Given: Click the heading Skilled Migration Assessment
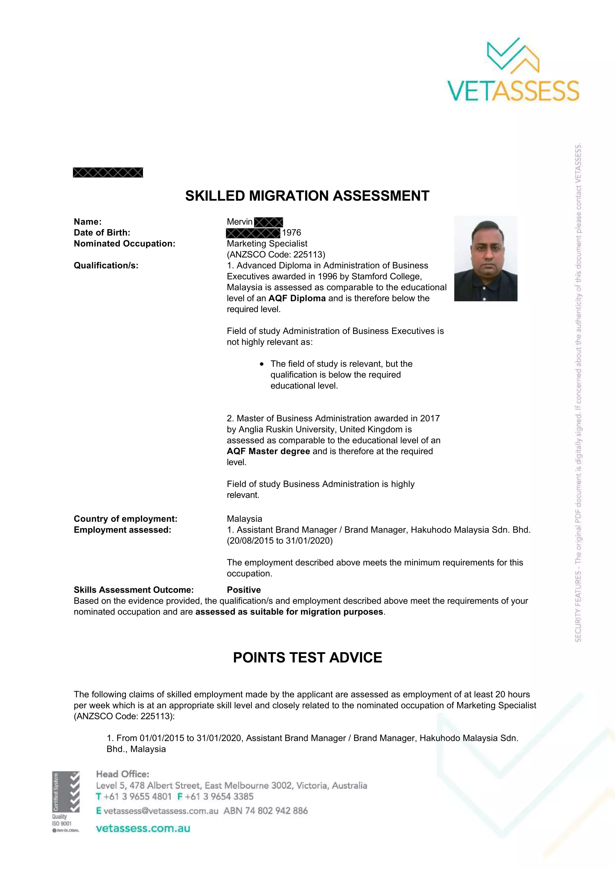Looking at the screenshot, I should [307, 196].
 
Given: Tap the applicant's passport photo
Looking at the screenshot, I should [486, 259].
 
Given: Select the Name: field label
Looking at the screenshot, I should [87, 222].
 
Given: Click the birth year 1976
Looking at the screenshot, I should [291, 232].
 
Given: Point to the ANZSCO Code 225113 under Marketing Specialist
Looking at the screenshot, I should [276, 254].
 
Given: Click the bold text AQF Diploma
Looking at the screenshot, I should [297, 298].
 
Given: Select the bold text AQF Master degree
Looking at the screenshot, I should [268, 451].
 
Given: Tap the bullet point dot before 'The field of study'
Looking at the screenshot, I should [262, 364].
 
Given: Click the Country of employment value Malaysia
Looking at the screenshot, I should [244, 519].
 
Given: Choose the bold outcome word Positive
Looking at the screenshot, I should [244, 590].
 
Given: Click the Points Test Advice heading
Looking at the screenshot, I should [307, 657].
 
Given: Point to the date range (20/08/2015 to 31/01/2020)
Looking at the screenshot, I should [280, 541].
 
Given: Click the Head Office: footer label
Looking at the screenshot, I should [122, 774].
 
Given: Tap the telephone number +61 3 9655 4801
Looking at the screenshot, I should [138, 796].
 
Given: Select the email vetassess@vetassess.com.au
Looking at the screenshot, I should [161, 811].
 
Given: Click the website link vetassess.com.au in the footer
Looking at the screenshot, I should [143, 828].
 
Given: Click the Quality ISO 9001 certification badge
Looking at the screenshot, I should [65, 802].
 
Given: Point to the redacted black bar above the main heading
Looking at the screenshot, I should [108, 173].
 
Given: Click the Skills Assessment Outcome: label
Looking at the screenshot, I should [134, 590].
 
